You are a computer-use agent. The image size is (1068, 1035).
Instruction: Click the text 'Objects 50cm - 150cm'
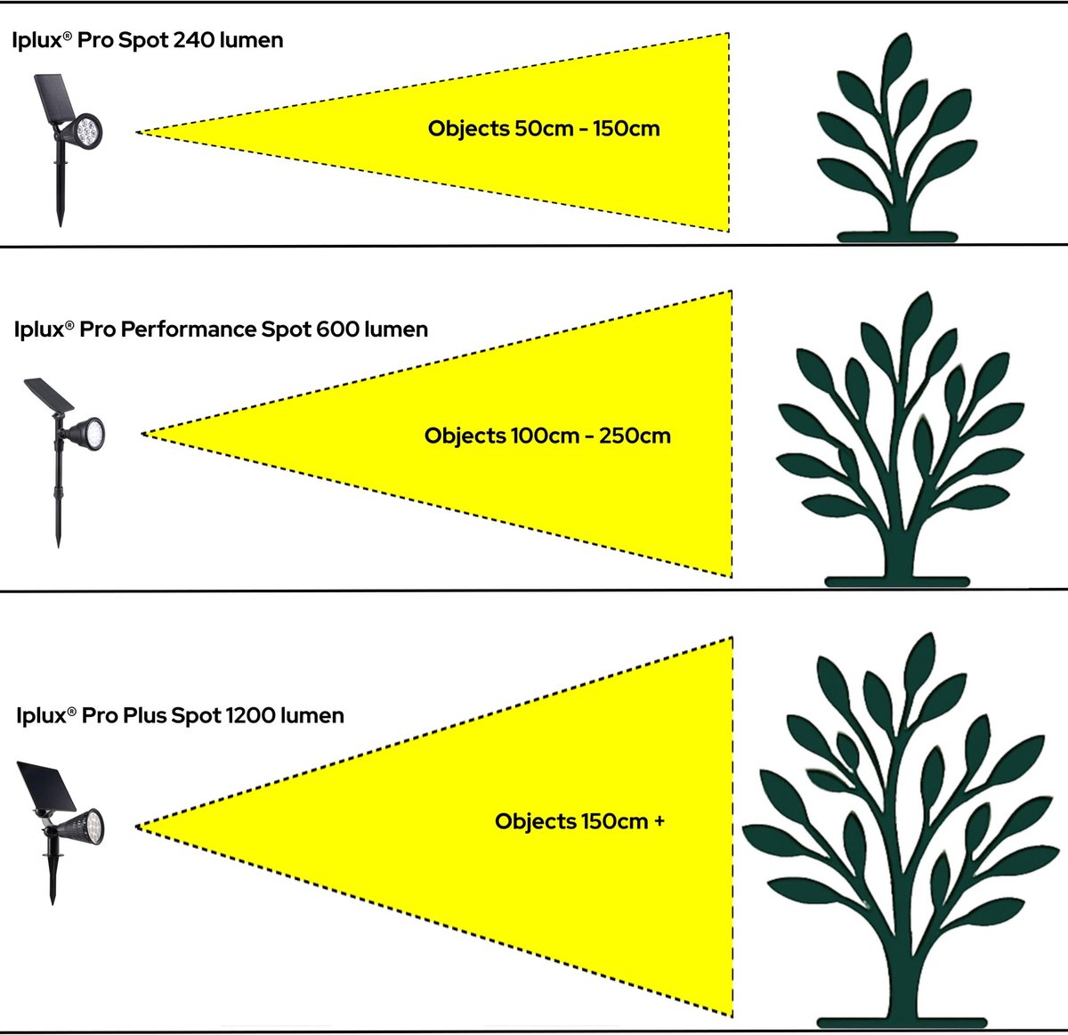point(544,128)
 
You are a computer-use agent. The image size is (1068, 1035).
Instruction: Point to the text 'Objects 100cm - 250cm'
point(547,436)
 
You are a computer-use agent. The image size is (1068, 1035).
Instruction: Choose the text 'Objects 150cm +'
point(579,820)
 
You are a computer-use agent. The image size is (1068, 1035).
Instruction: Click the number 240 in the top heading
point(191,40)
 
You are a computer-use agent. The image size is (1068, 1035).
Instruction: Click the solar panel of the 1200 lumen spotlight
point(44,787)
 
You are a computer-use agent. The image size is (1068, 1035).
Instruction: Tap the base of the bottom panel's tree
point(899,1021)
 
